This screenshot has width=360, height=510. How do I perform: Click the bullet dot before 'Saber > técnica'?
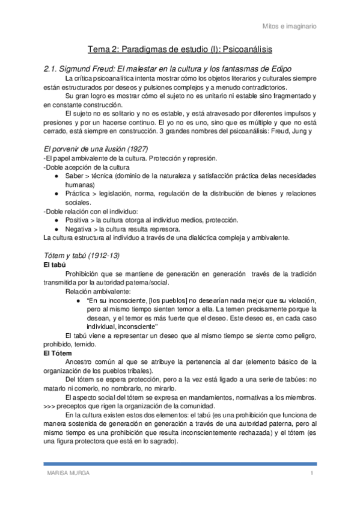point(56,176)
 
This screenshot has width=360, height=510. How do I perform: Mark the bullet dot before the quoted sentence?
point(79,300)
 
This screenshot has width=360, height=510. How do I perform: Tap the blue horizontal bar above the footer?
point(180,464)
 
